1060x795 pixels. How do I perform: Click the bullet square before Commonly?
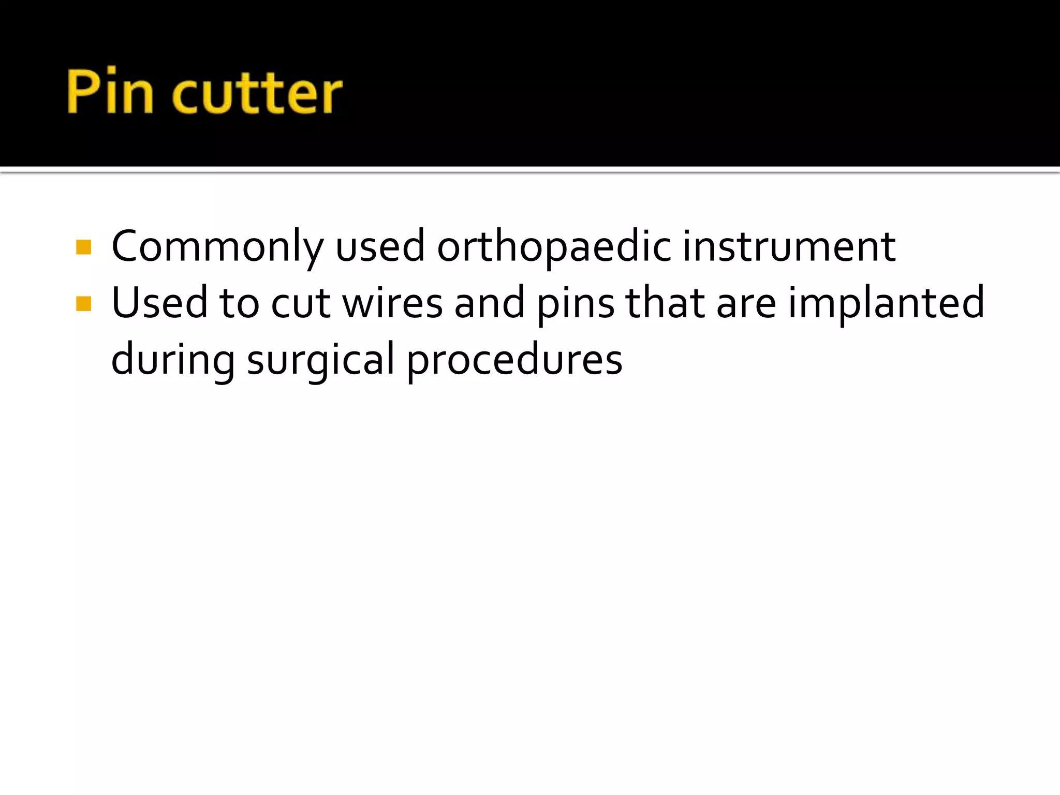pyautogui.click(x=83, y=247)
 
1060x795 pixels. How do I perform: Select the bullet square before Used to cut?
pyautogui.click(x=83, y=303)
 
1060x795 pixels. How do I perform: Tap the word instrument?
pyautogui.click(x=789, y=246)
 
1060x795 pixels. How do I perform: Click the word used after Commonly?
pyautogui.click(x=380, y=247)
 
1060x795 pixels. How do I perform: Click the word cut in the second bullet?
pyautogui.click(x=300, y=304)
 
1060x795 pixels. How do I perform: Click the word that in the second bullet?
pyautogui.click(x=665, y=303)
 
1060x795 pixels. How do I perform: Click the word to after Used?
pyautogui.click(x=239, y=304)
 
